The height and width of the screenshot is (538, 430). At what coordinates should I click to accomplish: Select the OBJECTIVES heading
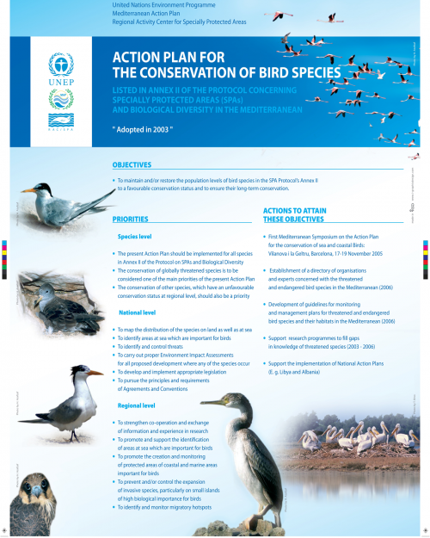132,164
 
